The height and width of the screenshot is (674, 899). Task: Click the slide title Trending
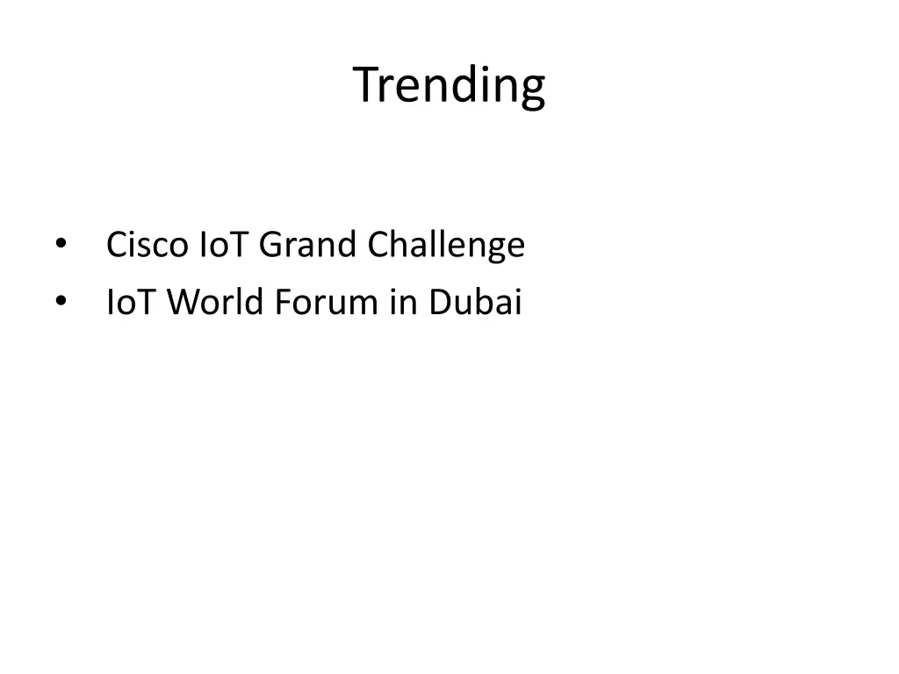[449, 85]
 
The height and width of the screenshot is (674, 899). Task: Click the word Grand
[308, 244]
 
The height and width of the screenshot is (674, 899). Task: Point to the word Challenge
[445, 246]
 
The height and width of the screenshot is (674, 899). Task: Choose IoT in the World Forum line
[133, 303]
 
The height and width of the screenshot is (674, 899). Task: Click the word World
[215, 303]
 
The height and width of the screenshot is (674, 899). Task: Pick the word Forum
[325, 303]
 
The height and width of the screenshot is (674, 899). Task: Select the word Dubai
[475, 303]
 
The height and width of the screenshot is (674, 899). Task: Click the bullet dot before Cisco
[60, 244]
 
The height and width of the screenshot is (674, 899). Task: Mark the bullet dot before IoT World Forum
[60, 303]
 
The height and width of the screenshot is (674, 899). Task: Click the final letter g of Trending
[534, 90]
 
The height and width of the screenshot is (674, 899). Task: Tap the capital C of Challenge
[378, 244]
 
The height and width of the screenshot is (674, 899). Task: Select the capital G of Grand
[270, 244]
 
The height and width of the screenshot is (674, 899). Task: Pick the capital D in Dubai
[438, 303]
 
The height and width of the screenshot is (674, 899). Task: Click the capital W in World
[183, 303]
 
